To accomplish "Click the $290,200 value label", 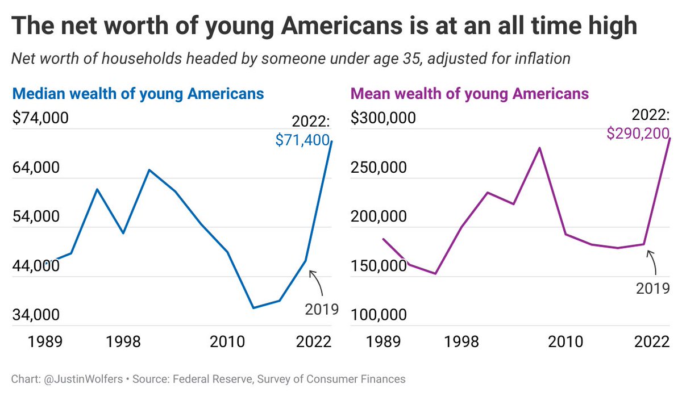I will point(638,134).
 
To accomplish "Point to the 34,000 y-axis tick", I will point(36,315).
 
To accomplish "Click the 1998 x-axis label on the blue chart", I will point(123,342).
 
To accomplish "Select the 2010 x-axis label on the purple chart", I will point(566,342).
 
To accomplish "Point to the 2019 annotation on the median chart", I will point(322,309).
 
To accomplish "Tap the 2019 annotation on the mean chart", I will point(652,288).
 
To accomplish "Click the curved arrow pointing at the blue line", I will point(317,282).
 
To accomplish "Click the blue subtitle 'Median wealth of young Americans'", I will point(138,93).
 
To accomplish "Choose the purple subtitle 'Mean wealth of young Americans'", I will point(470,93).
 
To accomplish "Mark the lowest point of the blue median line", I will point(252,308).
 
